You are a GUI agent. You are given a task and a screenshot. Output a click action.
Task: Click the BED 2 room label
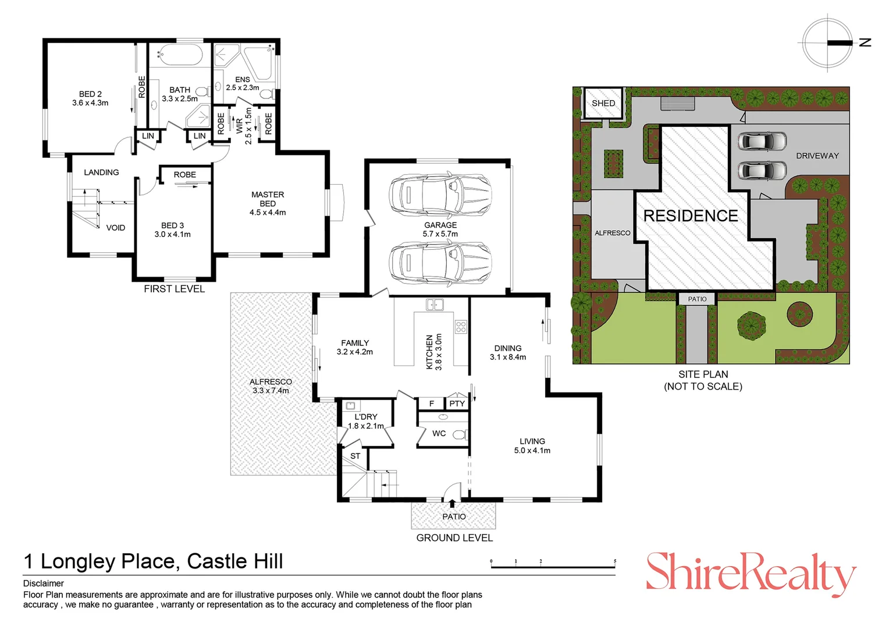90,98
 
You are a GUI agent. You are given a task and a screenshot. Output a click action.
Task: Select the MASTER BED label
268,203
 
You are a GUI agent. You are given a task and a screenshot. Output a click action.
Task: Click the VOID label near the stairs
115,228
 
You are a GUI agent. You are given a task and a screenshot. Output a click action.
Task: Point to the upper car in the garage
440,193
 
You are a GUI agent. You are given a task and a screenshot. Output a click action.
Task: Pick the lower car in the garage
440,262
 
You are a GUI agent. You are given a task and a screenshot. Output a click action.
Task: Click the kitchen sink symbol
435,305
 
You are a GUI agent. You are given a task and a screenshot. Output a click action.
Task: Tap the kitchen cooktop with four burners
461,327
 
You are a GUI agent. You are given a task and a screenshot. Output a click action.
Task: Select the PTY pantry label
457,404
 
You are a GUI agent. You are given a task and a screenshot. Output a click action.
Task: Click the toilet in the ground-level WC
460,434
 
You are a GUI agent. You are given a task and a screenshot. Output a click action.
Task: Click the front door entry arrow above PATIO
452,501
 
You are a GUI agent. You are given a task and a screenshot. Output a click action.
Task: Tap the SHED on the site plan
603,103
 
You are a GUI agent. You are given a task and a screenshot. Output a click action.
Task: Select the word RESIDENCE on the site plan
691,216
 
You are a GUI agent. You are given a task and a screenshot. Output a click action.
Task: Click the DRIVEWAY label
817,156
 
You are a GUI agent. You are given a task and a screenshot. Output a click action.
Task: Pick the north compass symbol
828,43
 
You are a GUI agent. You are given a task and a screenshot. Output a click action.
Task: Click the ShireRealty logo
751,574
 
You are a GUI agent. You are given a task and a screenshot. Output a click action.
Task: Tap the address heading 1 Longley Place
153,561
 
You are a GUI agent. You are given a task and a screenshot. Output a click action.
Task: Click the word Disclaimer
44,584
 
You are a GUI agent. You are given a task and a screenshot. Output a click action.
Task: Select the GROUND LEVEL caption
454,538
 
